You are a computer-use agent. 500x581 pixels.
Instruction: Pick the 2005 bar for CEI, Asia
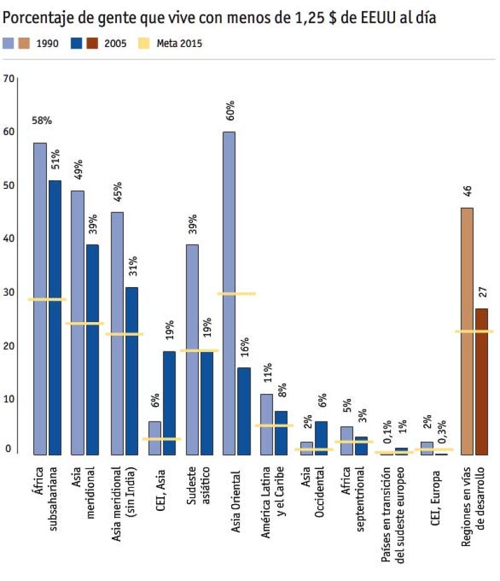coord(169,403)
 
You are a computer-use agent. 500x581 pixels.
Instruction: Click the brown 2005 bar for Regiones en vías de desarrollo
coord(481,381)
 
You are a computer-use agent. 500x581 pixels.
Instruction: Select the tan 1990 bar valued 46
coord(466,331)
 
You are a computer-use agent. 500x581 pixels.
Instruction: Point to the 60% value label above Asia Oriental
coord(230,110)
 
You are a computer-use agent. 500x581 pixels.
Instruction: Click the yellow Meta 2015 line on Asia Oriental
coord(236,293)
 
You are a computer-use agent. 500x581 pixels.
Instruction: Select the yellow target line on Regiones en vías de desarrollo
coord(474,331)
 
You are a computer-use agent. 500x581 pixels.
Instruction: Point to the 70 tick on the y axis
coord(8,79)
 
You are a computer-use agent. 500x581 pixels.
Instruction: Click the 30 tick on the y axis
coord(8,292)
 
